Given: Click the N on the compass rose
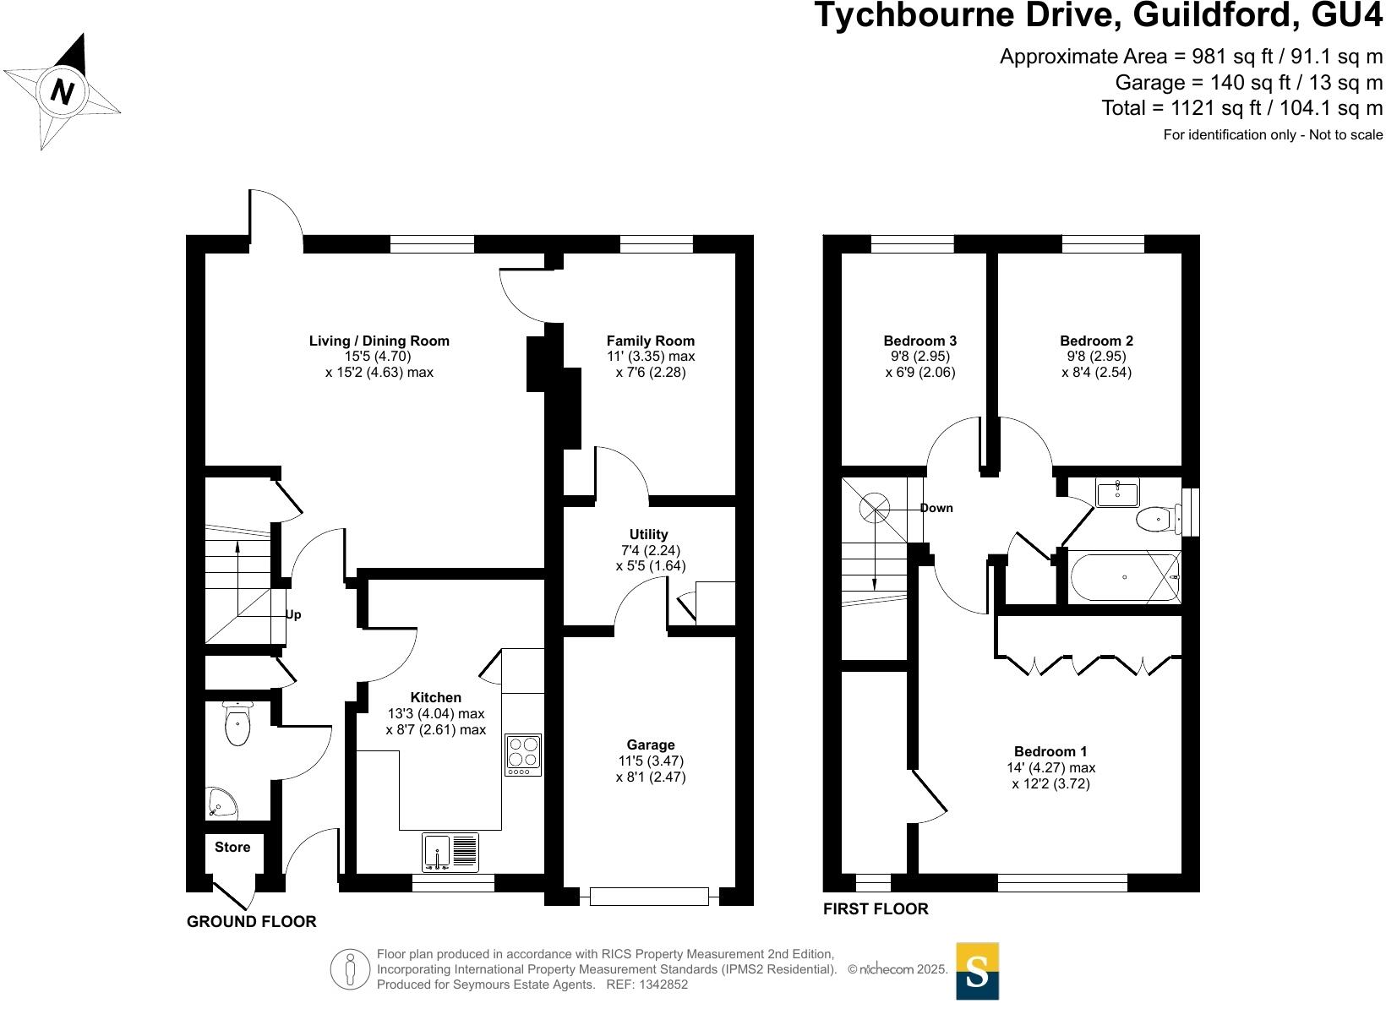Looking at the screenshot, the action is click(x=62, y=91).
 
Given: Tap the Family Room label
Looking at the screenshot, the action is click(x=650, y=341).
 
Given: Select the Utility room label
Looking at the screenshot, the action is click(x=648, y=534).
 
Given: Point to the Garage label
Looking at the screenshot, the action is click(x=650, y=744).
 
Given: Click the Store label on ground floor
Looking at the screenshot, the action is click(x=232, y=847).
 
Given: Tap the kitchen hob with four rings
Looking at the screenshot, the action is click(x=523, y=755).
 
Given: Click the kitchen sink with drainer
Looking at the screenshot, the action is click(x=450, y=853).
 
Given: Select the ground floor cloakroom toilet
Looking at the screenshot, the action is click(x=237, y=724).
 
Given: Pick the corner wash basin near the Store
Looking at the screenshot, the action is click(x=221, y=802).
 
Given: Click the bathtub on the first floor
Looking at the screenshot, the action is click(x=1125, y=577).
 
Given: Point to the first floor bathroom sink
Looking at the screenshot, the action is click(x=1117, y=493).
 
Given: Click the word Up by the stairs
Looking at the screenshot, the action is click(x=293, y=615).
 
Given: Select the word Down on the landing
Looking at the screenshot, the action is click(x=936, y=508).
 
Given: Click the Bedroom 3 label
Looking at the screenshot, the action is click(x=920, y=341).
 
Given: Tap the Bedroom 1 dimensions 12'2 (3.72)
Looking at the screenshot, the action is click(x=1051, y=784).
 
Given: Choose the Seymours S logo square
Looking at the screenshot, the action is click(x=978, y=971).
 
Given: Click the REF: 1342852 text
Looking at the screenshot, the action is click(x=647, y=984).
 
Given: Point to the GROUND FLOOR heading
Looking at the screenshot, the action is click(x=251, y=922).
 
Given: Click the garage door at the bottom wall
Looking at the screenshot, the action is click(x=649, y=897).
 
